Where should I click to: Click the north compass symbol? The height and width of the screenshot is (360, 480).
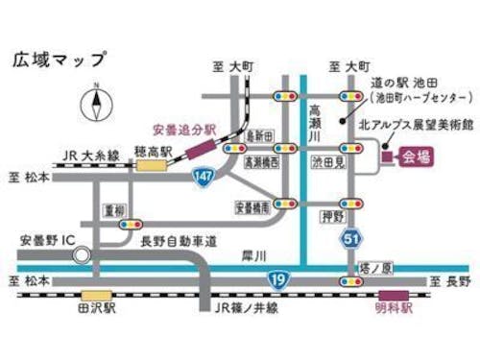[x=96, y=105]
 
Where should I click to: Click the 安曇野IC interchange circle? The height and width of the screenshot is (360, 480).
[x=83, y=255]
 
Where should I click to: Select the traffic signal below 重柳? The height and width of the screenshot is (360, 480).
[x=125, y=224]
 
